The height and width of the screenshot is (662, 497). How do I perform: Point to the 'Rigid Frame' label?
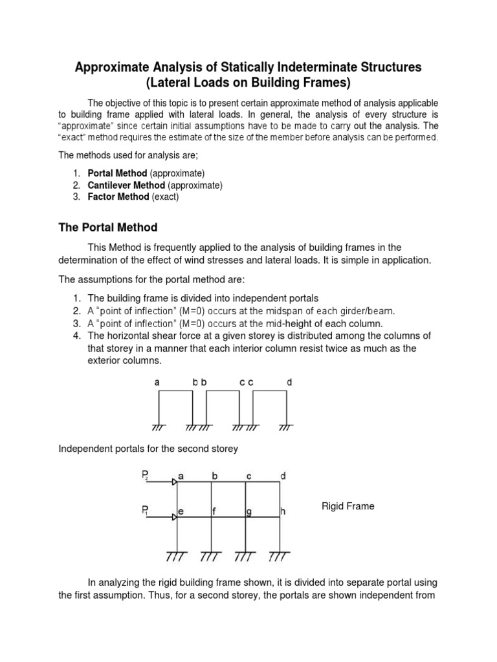(x=348, y=506)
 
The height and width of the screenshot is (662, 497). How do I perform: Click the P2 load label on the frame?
(x=145, y=476)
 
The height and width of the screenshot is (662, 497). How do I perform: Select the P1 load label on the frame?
(x=145, y=511)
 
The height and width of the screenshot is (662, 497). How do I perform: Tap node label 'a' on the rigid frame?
(x=181, y=476)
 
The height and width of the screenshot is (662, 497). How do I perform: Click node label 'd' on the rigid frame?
(x=282, y=476)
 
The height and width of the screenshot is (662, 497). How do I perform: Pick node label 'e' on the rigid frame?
(x=181, y=511)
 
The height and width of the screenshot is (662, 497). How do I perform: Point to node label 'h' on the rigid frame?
(x=283, y=511)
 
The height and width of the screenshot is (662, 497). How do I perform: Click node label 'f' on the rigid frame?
(x=214, y=511)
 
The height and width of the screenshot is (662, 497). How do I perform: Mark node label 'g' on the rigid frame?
(x=248, y=511)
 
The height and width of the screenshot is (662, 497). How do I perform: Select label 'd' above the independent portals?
(x=289, y=382)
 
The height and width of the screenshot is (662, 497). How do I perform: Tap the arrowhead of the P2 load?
(x=174, y=482)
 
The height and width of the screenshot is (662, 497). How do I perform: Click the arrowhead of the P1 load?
(x=174, y=517)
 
